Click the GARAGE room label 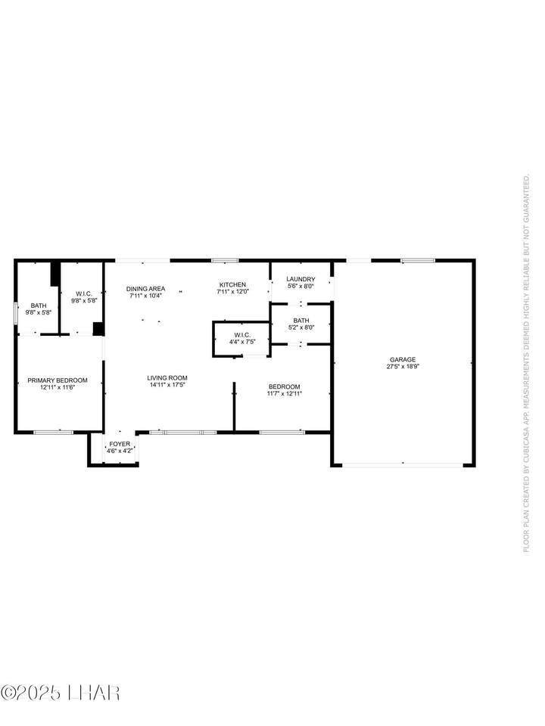[402, 359]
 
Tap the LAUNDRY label [301, 279]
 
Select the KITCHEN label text [232, 285]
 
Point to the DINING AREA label [145, 289]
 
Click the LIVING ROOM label [167, 378]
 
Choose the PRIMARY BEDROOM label [58, 380]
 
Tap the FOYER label [120, 444]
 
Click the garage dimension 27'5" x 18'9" [403, 366]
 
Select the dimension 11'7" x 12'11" [285, 393]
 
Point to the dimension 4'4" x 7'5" [242, 342]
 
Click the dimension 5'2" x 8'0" [301, 327]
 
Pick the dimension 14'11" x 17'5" [167, 385]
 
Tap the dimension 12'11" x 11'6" [58, 387]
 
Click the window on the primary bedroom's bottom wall [53, 433]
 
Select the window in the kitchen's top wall [226, 261]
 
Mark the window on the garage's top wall [418, 261]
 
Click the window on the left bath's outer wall [16, 309]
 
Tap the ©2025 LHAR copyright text [61, 693]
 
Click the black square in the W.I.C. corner [98, 328]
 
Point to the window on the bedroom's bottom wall [282, 433]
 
